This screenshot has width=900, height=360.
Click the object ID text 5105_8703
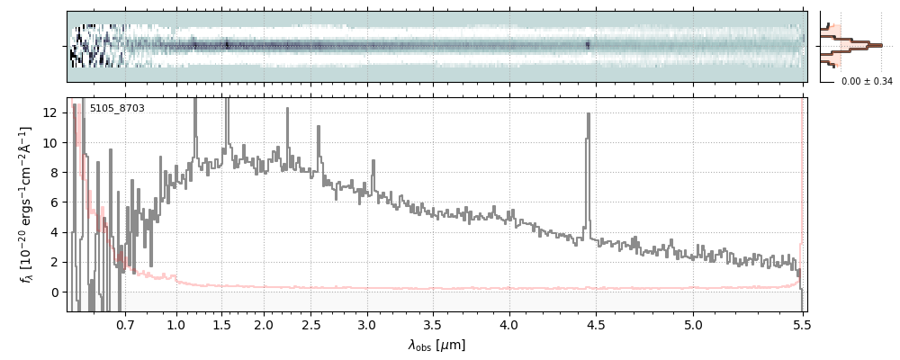[117, 109]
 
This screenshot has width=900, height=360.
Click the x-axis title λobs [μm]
[436, 345]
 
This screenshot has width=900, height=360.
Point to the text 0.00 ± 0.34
[867, 82]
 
